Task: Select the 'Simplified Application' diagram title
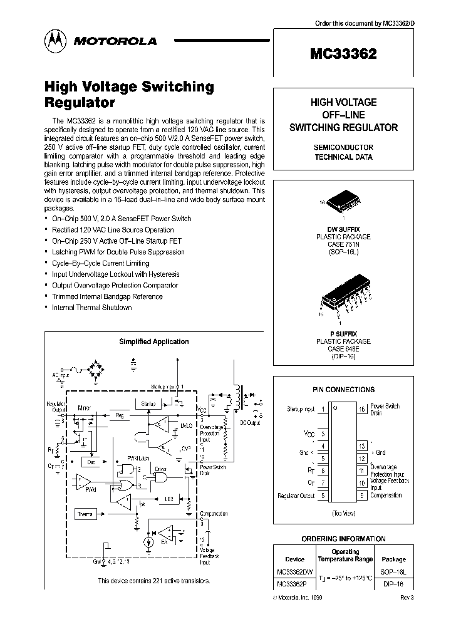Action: click(x=153, y=341)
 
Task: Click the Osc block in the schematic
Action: click(x=91, y=460)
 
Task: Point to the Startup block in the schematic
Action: click(x=148, y=404)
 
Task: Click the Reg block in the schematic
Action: click(x=119, y=415)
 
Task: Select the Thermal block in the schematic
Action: click(x=85, y=514)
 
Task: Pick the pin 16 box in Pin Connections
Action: click(x=361, y=410)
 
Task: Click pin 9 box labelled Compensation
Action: click(x=361, y=496)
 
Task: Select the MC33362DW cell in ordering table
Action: click(x=294, y=572)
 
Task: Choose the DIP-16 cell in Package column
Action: click(x=393, y=584)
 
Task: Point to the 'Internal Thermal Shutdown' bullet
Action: click(x=91, y=308)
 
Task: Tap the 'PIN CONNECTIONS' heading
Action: click(x=343, y=389)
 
